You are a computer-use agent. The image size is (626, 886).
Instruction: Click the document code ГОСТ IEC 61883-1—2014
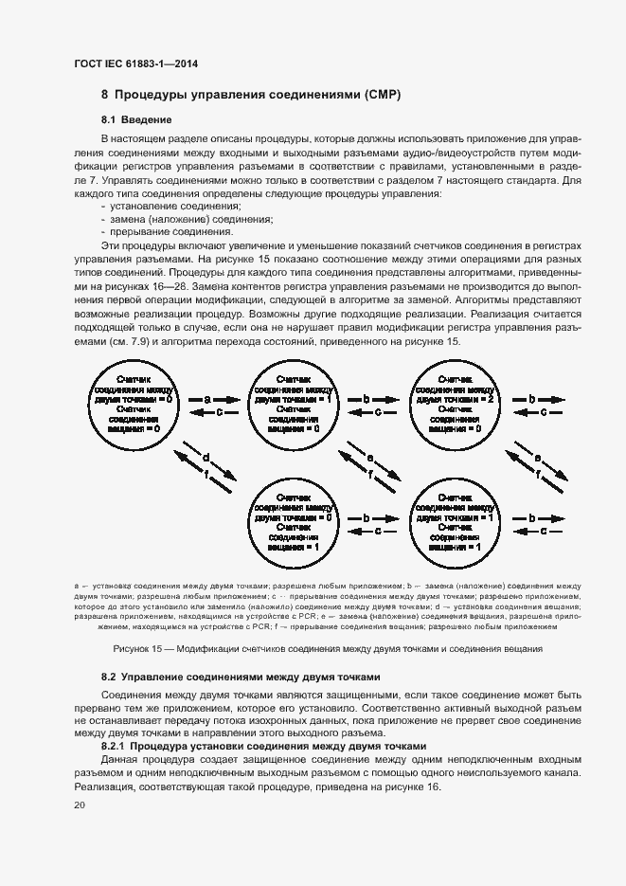[x=135, y=64]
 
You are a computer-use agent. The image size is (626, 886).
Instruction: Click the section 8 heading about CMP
[x=251, y=95]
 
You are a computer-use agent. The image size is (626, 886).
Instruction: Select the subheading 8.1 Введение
[x=136, y=119]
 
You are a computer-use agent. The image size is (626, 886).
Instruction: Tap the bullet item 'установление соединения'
[x=175, y=206]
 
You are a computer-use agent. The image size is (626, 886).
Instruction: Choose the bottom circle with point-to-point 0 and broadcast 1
[x=291, y=524]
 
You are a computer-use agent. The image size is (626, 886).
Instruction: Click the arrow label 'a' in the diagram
[x=206, y=400]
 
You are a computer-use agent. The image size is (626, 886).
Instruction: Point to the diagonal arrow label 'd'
[x=206, y=458]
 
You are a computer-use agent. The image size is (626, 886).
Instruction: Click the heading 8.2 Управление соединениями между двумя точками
[x=241, y=678]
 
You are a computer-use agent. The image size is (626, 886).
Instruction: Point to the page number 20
[x=79, y=805]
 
